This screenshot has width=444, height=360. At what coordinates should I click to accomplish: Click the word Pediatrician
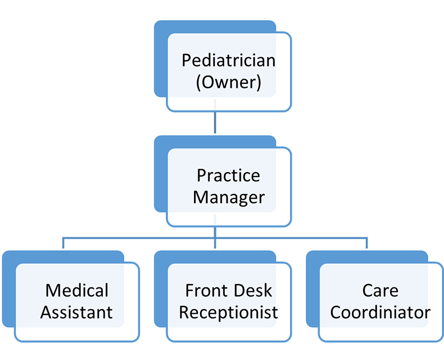pos(228,60)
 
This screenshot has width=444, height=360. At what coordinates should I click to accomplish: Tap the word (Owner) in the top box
pos(228,83)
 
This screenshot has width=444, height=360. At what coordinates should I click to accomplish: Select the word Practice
pos(228,175)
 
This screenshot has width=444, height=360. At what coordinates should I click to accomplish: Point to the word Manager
pos(228,197)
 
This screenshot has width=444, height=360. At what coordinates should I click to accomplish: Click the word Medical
pos(77,290)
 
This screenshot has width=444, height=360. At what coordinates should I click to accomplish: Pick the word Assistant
pos(77,312)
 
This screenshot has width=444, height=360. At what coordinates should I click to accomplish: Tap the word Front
pos(206,290)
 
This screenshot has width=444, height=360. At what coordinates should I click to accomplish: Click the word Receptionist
pos(228,312)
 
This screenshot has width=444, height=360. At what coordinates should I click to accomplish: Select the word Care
pos(380,290)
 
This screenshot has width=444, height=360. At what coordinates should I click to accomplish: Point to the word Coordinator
pos(380,312)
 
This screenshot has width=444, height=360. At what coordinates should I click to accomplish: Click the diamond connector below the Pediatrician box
pos(215,123)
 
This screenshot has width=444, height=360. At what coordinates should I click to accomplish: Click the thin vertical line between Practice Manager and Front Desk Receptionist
pos(215,222)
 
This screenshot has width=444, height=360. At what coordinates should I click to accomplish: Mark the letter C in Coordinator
pos(336,312)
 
